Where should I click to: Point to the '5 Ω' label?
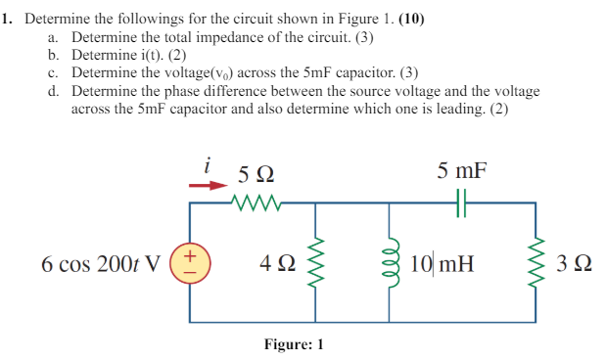[x=256, y=176]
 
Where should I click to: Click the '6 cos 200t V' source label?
[x=101, y=263]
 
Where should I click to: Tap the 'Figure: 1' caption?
[x=293, y=344]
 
